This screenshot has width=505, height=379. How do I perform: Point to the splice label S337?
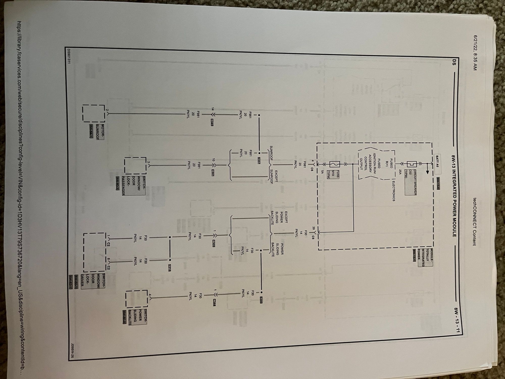(259, 161)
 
